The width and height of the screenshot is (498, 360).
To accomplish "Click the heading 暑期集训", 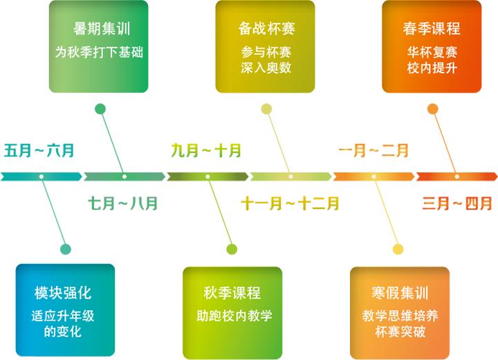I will (x=102, y=29).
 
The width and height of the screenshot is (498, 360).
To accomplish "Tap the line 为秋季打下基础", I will (x=99, y=52).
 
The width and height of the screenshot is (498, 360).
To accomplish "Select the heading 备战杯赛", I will (x=267, y=29).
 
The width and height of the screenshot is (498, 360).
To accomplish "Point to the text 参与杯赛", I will (x=266, y=52).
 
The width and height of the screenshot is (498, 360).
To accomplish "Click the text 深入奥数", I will (x=266, y=68).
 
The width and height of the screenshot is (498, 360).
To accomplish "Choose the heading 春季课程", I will (x=432, y=29).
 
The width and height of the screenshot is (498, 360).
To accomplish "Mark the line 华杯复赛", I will (x=432, y=52).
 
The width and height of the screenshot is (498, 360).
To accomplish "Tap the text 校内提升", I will (x=432, y=68).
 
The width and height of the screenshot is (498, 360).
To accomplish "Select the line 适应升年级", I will (x=63, y=316).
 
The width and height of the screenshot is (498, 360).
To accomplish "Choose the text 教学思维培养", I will (x=400, y=316).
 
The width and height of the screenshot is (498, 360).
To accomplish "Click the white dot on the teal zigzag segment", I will (x=41, y=177).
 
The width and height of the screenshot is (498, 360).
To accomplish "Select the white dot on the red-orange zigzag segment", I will (x=456, y=177).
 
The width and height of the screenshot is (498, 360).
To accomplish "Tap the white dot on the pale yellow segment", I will (x=290, y=177).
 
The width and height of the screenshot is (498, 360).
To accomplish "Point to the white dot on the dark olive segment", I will (x=207, y=177).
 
